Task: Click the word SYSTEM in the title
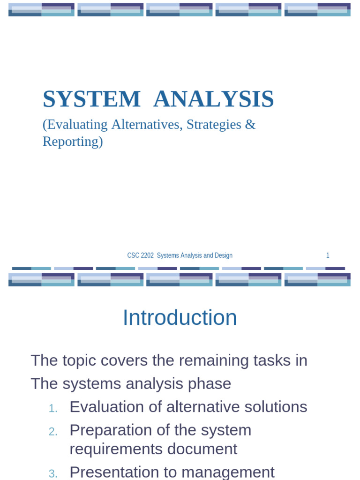click(x=91, y=99)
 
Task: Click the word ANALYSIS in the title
click(x=213, y=99)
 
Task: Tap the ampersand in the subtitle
click(x=251, y=125)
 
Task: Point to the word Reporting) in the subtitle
click(x=73, y=141)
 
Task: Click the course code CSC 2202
click(x=140, y=255)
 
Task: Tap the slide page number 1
click(x=328, y=255)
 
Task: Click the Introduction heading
click(x=180, y=318)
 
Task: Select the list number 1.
click(x=53, y=409)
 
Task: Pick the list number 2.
click(x=53, y=432)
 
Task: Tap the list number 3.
click(x=53, y=474)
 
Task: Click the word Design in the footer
click(x=223, y=255)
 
